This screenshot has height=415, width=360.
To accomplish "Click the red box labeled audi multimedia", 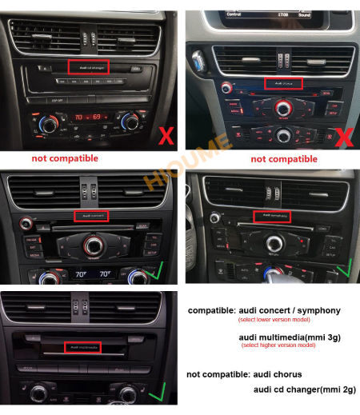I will [86, 347].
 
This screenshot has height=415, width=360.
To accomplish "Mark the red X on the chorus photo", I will [343, 137].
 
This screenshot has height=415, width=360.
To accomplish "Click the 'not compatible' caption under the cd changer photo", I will [65, 158].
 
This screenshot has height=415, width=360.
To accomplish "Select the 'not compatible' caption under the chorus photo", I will [284, 159].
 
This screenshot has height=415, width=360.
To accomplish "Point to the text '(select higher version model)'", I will [278, 345].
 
